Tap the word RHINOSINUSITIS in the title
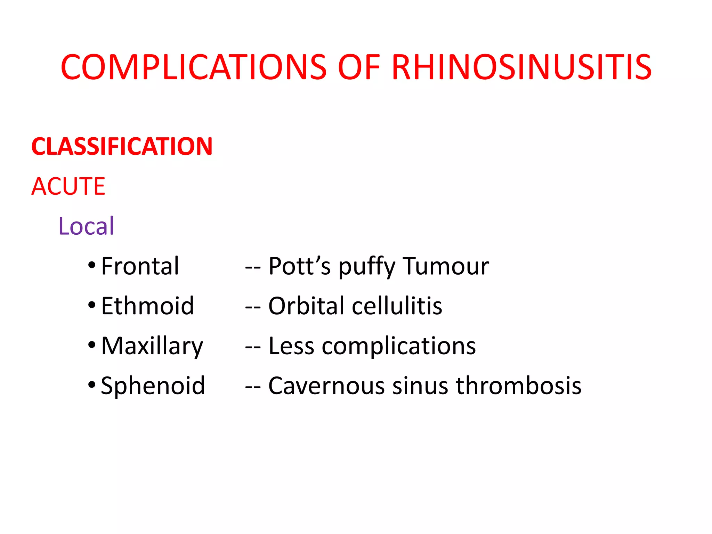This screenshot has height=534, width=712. (521, 67)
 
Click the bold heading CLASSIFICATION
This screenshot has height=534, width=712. (122, 146)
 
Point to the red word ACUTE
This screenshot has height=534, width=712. (68, 186)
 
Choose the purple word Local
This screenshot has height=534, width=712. (86, 226)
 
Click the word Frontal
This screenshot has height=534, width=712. (140, 266)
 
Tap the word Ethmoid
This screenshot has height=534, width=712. (147, 306)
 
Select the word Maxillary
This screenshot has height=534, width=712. (152, 346)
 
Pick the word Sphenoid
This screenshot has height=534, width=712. (153, 386)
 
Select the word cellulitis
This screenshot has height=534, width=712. (397, 306)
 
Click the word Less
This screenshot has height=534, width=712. (291, 346)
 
